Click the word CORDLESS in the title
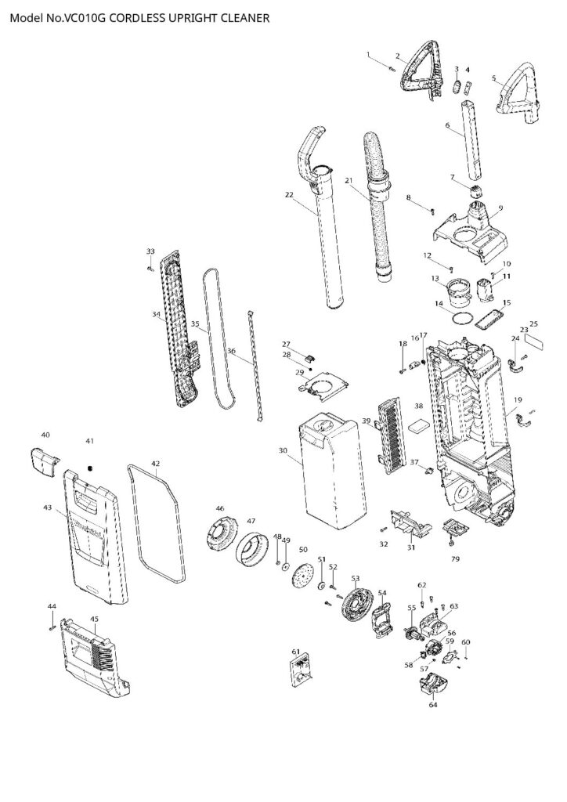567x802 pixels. click(x=139, y=17)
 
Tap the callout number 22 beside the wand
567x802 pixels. click(x=289, y=195)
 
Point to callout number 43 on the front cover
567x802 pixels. click(x=48, y=508)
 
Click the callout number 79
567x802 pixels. click(x=453, y=559)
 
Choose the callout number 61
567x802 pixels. click(x=295, y=652)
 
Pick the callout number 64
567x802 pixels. click(x=432, y=704)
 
